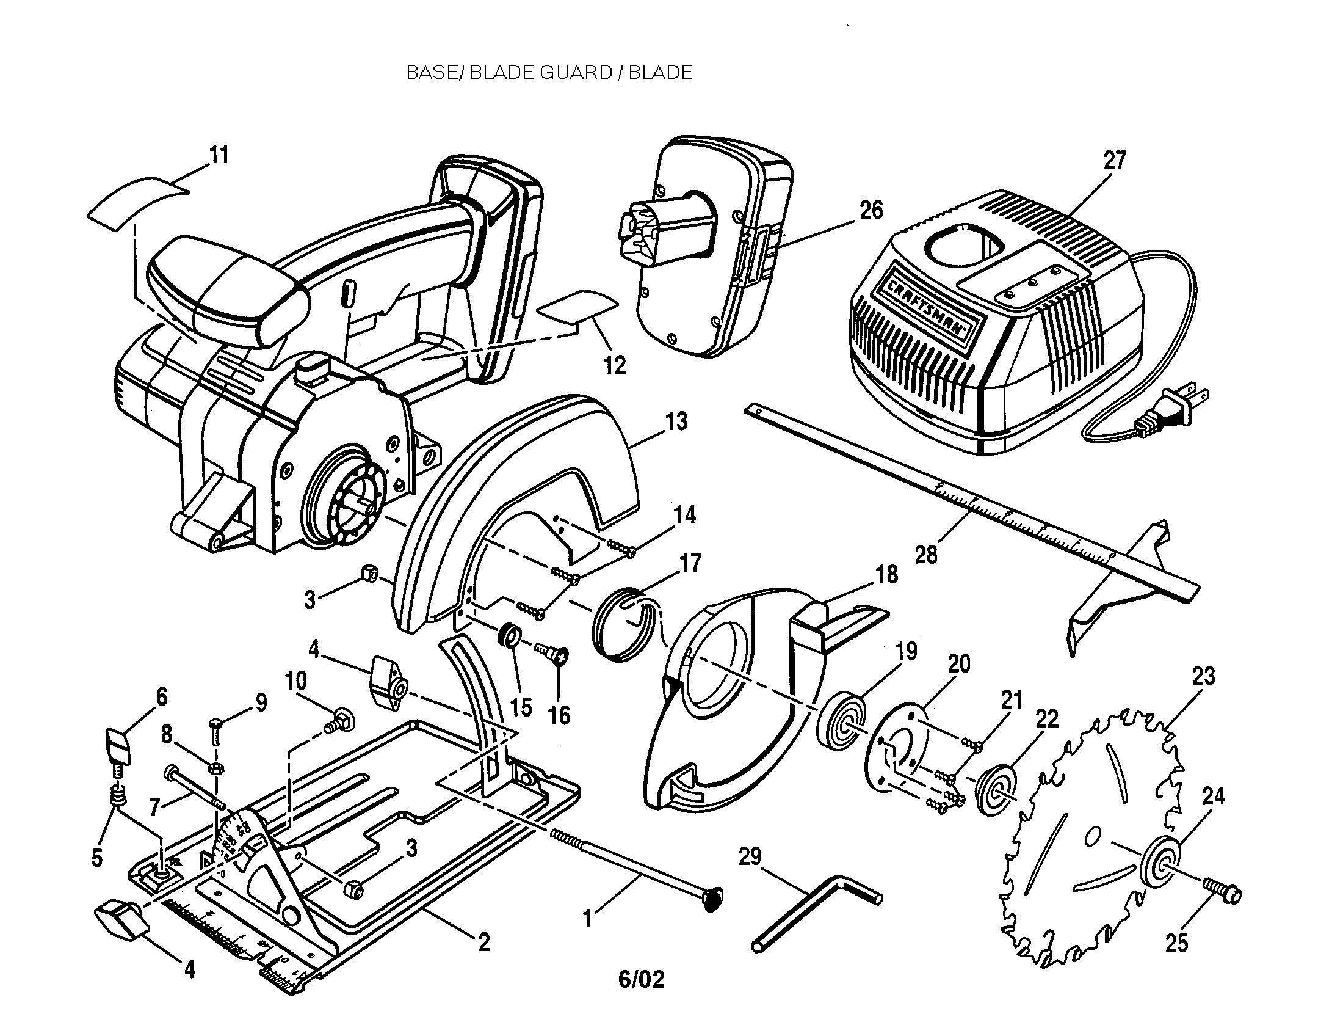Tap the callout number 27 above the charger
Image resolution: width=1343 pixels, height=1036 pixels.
pyautogui.click(x=1114, y=161)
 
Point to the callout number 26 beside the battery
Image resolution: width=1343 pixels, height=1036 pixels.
pyautogui.click(x=871, y=210)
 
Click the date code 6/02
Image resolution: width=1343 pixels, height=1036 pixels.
pyautogui.click(x=642, y=979)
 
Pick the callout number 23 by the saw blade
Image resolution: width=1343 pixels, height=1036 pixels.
pyautogui.click(x=1203, y=676)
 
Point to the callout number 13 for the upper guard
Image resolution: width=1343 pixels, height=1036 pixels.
pyautogui.click(x=676, y=422)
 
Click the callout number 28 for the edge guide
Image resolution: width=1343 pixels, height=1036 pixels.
pyautogui.click(x=926, y=554)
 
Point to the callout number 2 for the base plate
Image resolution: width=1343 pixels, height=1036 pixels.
pyautogui.click(x=484, y=942)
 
